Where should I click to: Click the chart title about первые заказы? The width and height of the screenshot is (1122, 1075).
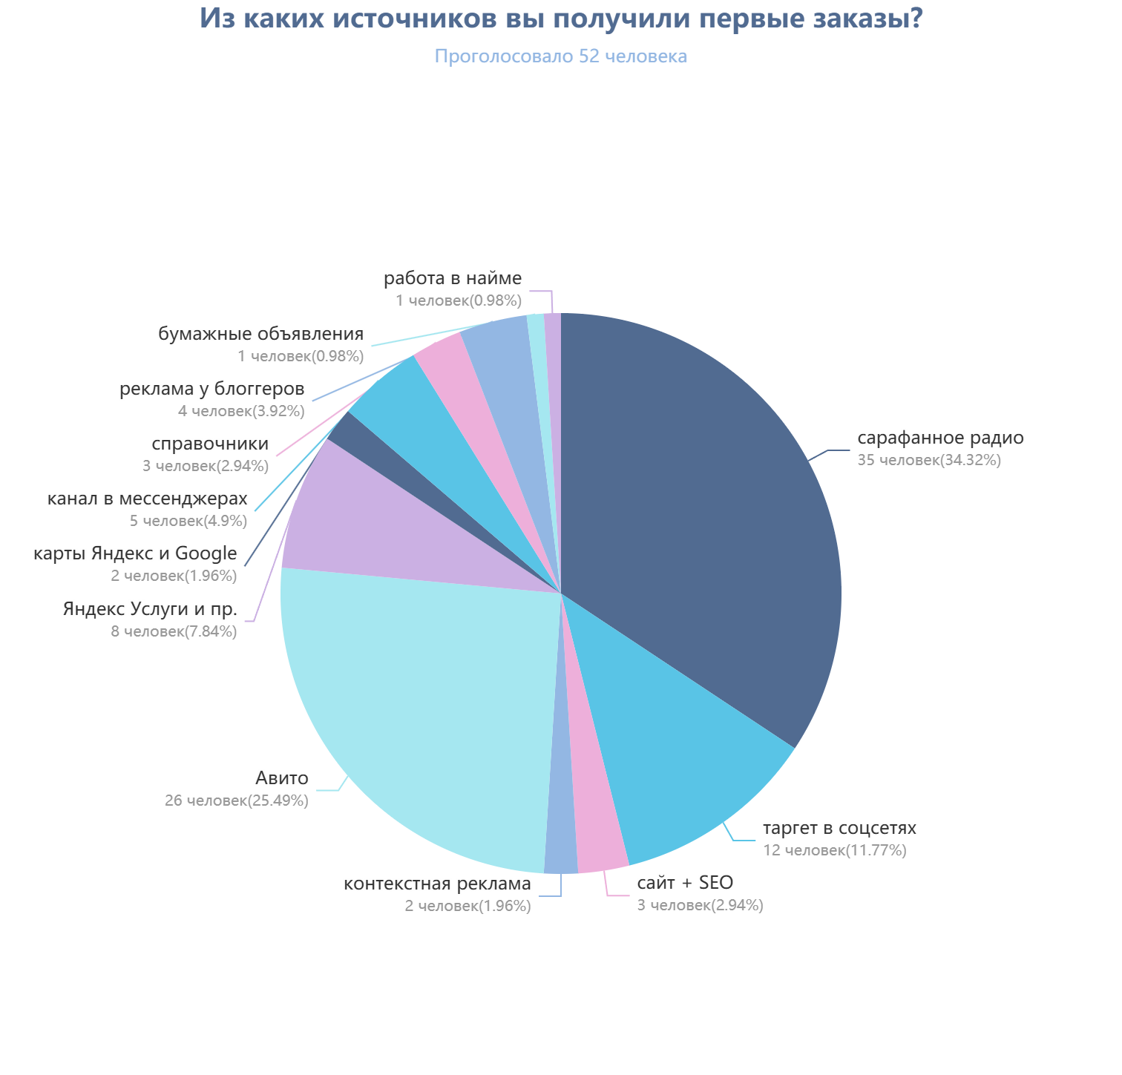point(561,19)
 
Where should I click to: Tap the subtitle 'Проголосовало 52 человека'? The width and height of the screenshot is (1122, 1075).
point(561,56)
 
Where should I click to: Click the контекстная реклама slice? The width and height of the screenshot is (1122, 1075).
point(562,846)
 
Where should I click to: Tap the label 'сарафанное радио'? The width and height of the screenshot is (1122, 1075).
point(940,438)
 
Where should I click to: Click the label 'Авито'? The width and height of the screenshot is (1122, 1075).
point(282,778)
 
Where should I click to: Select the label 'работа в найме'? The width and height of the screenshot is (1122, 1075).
point(453,279)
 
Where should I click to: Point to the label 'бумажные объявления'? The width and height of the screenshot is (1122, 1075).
point(260,335)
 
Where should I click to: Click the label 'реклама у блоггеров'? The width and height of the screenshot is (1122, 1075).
point(212,389)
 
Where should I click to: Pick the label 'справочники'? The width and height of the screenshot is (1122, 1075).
point(210,444)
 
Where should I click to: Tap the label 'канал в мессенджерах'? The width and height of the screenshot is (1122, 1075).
point(147,499)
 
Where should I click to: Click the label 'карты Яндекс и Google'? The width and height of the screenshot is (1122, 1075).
point(135,554)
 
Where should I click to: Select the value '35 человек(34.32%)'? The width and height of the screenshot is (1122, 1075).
point(929,460)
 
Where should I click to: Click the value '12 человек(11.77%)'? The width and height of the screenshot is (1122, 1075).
point(835,850)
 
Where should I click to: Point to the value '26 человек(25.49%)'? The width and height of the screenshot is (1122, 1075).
point(237,801)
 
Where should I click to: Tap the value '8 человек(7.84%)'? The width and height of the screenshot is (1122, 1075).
point(174,631)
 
